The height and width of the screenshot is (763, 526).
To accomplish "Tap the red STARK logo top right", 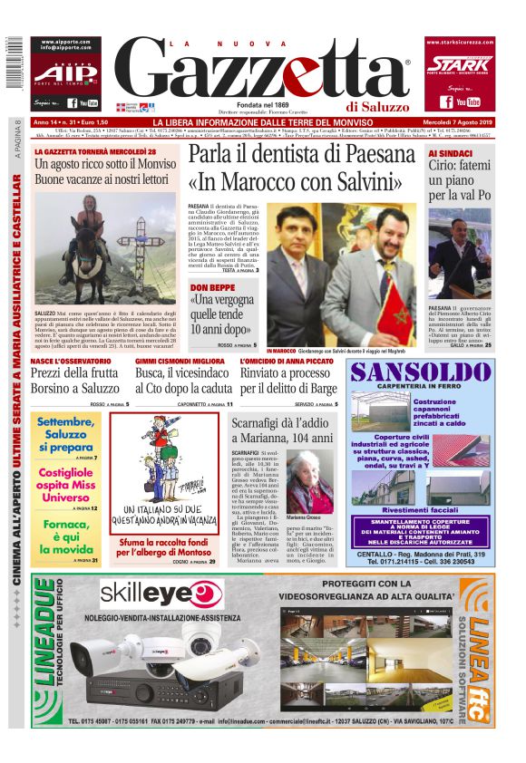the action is tap(459, 65).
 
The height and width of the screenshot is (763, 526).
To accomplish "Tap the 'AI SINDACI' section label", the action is tap(451, 153).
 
